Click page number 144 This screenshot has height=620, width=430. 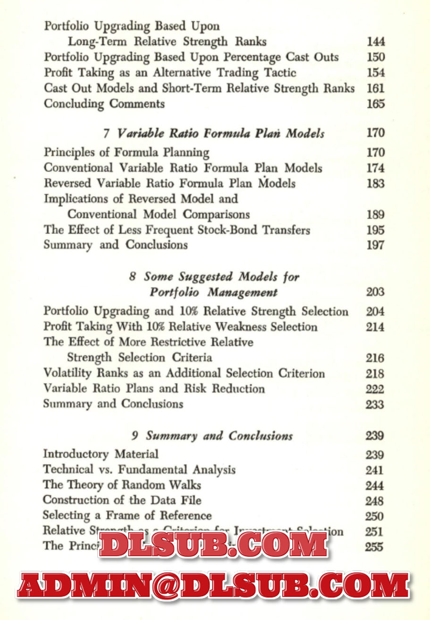click(x=376, y=42)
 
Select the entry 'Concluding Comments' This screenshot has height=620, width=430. click(x=104, y=104)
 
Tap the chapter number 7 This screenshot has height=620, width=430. click(x=107, y=134)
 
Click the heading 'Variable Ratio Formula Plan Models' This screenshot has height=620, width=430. click(x=220, y=134)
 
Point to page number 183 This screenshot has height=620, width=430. click(x=375, y=183)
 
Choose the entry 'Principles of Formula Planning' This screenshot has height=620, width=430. click(x=126, y=153)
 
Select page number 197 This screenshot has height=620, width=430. click(x=375, y=245)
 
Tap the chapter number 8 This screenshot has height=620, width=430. click(x=133, y=276)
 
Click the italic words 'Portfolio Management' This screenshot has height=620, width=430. click(x=213, y=293)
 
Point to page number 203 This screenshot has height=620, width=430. click(x=375, y=292)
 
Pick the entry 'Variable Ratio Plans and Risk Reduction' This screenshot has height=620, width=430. click(x=154, y=389)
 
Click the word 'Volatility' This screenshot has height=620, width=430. click(x=67, y=373)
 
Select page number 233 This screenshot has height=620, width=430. click(x=375, y=405)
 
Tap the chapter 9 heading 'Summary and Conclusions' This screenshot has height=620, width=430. click(x=219, y=436)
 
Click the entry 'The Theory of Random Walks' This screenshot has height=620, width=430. click(x=122, y=485)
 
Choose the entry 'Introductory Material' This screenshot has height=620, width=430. click(x=101, y=454)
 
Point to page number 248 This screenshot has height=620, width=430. click(x=374, y=501)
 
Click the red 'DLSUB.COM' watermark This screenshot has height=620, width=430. click(x=213, y=544)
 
